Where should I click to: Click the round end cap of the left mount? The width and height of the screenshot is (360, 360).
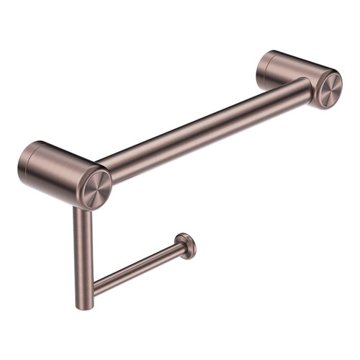tap(95, 188)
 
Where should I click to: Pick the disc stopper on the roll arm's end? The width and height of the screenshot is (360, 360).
tap(186, 246)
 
